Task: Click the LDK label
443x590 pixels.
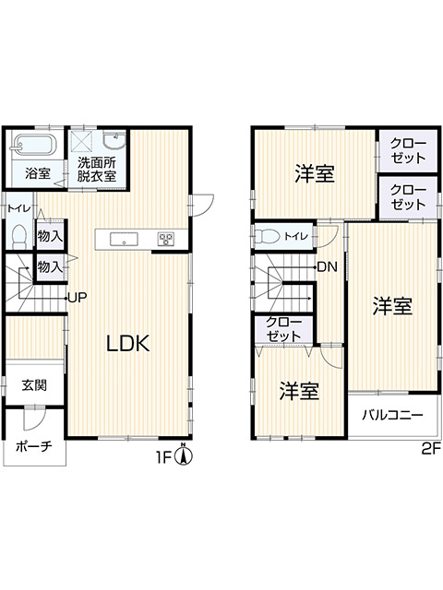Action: [128, 343]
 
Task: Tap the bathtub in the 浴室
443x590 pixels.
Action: [34, 146]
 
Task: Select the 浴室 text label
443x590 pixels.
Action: [37, 173]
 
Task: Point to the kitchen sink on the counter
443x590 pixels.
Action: [124, 239]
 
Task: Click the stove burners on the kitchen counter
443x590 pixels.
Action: [166, 239]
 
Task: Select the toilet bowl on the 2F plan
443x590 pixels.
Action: [267, 236]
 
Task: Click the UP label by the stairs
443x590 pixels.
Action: [77, 297]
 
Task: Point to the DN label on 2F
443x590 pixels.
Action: [326, 267]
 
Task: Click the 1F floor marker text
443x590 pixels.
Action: [164, 456]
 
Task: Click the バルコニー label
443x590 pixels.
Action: [392, 415]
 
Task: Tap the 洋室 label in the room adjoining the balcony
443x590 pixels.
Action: [392, 306]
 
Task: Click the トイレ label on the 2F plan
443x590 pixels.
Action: [297, 236]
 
